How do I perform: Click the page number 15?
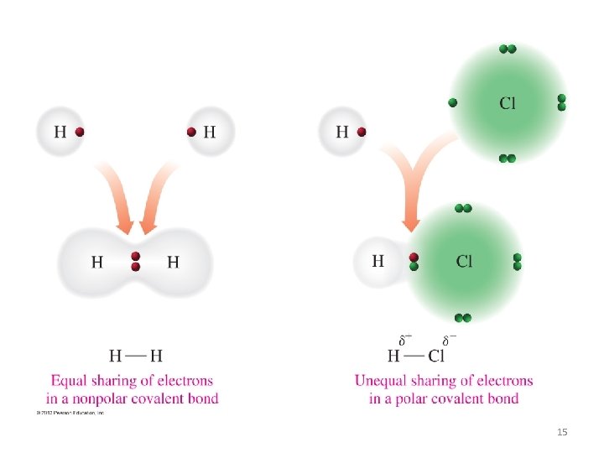[562, 431]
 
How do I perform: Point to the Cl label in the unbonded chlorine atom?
[508, 103]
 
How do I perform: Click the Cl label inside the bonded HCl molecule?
[464, 261]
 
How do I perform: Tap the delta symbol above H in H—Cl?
[404, 341]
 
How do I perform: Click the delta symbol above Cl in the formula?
[449, 341]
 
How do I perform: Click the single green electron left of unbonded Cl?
[453, 102]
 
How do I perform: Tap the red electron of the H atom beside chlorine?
[362, 132]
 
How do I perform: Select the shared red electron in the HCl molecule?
[414, 257]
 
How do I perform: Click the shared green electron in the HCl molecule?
[414, 266]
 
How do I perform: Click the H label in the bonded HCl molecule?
[377, 261]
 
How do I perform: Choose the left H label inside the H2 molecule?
[97, 262]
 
